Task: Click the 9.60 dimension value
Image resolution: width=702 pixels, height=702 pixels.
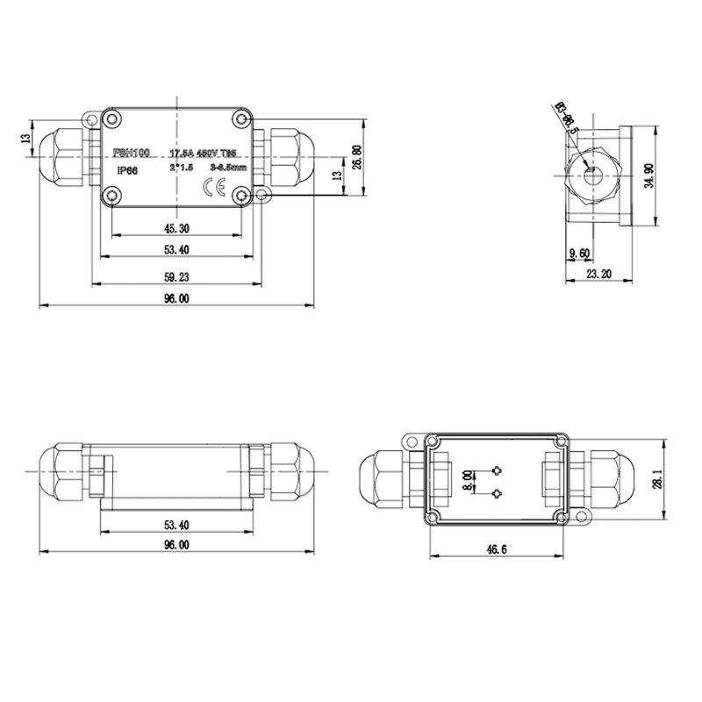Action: [x=580, y=254]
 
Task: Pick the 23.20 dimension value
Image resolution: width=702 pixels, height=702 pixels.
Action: [x=600, y=275]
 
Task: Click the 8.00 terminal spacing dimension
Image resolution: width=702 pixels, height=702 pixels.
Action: [x=468, y=481]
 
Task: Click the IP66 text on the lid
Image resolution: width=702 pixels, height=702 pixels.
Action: [x=127, y=171]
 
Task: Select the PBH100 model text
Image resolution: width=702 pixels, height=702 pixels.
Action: [x=132, y=152]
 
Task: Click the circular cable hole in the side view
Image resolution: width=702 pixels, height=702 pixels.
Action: [x=589, y=171]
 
